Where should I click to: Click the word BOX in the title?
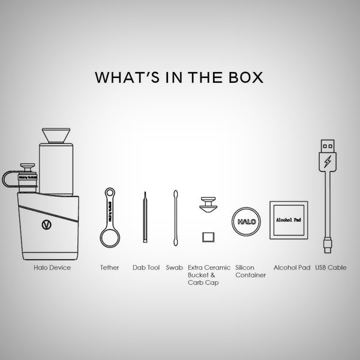tap(244, 78)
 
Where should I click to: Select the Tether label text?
tap(110, 268)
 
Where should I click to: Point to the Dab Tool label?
tap(146, 268)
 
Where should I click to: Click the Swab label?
tap(175, 268)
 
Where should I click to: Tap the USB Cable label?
tap(331, 268)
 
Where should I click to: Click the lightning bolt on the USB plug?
tap(327, 163)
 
